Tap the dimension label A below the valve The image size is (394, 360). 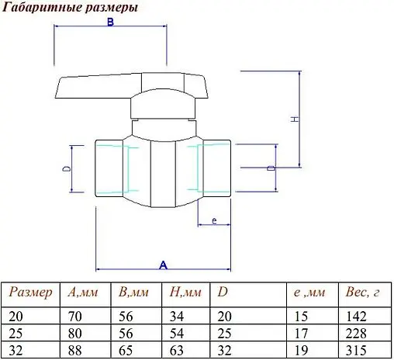[163, 265]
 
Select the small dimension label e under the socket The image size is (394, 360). [213, 220]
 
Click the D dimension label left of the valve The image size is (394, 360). [67, 168]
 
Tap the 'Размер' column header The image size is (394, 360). [30, 292]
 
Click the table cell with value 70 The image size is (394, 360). [74, 315]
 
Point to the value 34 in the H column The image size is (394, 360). [176, 315]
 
